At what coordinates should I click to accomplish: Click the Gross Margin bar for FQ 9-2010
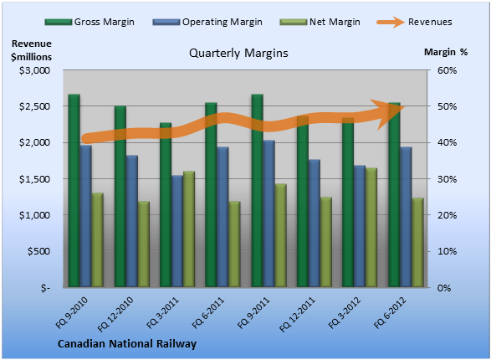tap(74, 191)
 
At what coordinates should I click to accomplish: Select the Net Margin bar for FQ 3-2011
tap(189, 229)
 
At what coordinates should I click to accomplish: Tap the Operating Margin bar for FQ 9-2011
tap(269, 213)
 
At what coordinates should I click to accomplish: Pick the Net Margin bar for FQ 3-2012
tap(371, 228)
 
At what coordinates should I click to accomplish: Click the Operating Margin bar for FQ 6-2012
tap(407, 217)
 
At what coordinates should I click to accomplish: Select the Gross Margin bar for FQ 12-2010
tap(120, 197)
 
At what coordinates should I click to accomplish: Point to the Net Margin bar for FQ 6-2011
tap(234, 244)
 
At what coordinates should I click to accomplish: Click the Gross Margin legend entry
tap(90, 22)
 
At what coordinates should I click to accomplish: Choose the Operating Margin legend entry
tap(207, 22)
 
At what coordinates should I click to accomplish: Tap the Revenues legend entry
tap(414, 22)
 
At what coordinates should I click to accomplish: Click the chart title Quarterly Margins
tap(238, 53)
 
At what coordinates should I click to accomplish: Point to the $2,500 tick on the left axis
tap(35, 106)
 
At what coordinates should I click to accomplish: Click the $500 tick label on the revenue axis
tap(38, 251)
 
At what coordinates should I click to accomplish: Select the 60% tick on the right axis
tap(448, 70)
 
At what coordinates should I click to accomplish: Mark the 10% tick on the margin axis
tap(448, 251)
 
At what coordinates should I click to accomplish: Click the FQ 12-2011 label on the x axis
tap(297, 314)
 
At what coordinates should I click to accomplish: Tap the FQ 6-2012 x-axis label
tap(390, 312)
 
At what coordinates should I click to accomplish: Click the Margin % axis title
tap(446, 52)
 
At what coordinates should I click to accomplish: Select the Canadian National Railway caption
tap(127, 344)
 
